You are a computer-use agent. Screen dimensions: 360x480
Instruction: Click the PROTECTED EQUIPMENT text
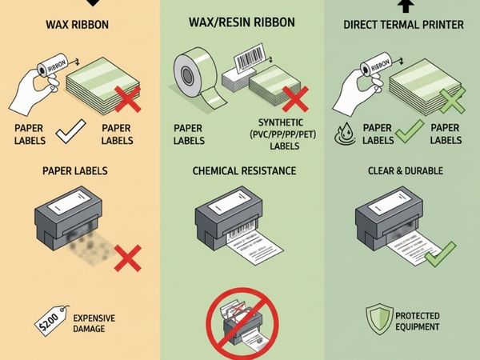point(417,322)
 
